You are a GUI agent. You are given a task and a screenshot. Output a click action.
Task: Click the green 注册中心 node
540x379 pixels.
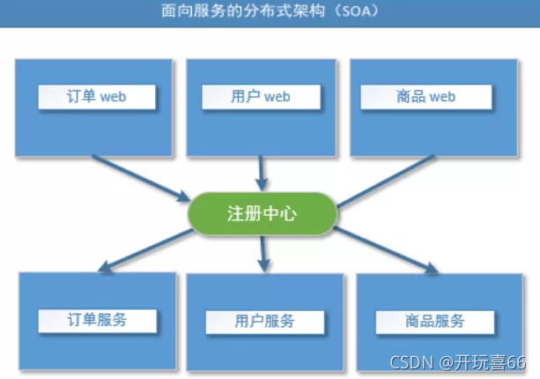[x=262, y=214]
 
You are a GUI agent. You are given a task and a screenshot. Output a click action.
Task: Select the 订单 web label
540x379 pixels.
[x=97, y=96]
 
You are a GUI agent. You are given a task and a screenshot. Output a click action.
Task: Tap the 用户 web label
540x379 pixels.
[x=258, y=96]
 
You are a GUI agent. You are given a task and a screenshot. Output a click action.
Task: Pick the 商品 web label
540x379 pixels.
[x=425, y=96]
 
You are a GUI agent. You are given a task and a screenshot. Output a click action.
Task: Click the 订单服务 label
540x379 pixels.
[x=97, y=319]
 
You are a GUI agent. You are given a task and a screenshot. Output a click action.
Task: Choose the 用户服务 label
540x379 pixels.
[x=264, y=321]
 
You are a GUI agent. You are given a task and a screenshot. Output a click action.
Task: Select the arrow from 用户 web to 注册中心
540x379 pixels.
[x=260, y=172]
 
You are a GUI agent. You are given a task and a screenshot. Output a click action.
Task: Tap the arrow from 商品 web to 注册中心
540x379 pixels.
[x=388, y=179]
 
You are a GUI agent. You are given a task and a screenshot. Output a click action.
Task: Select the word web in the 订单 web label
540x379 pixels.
[x=114, y=96]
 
